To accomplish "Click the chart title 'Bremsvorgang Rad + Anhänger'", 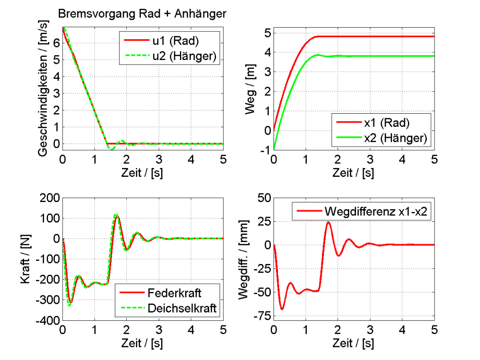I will click(x=142, y=14).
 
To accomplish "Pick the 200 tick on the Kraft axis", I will click(x=49, y=197).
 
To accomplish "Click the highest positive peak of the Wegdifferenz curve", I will click(x=328, y=222).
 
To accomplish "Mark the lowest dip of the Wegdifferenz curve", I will click(x=282, y=309).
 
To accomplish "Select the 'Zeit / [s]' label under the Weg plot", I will click(x=354, y=172).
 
